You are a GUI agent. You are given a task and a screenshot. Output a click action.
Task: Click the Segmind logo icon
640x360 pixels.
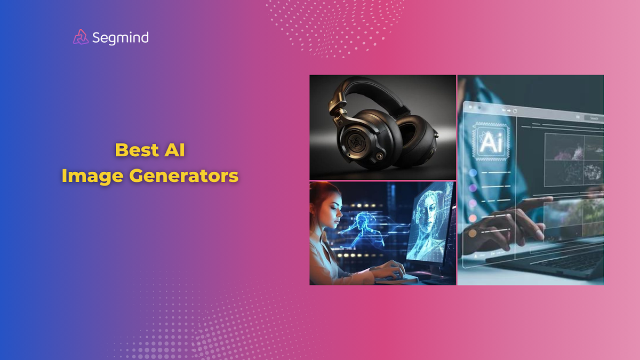click(x=81, y=37)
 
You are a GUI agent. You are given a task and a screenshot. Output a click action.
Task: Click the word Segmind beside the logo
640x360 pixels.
click(x=120, y=37)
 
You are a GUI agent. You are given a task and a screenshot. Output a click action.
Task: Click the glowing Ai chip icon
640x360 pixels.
click(x=490, y=142)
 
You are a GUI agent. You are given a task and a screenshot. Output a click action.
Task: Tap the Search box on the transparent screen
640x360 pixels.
click(x=593, y=118)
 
